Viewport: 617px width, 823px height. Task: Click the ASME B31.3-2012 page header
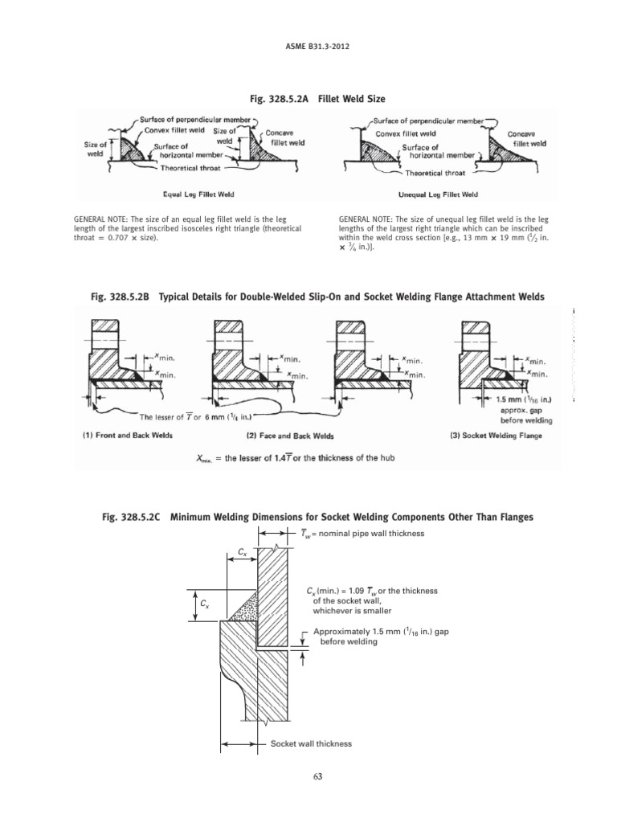[x=308, y=45]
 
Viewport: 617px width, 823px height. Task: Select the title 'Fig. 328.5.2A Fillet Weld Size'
[x=308, y=99]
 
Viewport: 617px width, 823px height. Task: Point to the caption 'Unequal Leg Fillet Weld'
[x=438, y=194]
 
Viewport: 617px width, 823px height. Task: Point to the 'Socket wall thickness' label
[x=311, y=744]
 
